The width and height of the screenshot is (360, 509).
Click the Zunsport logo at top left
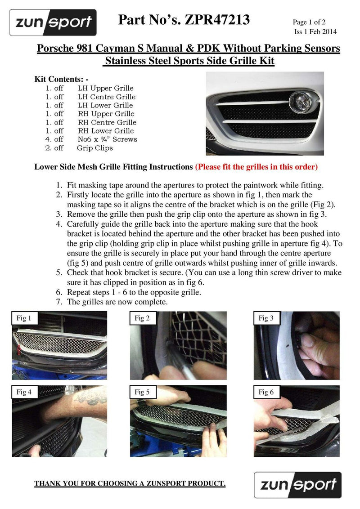pos(53,22)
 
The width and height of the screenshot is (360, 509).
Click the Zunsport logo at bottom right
pos(297,485)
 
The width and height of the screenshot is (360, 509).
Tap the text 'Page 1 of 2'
pos(309,22)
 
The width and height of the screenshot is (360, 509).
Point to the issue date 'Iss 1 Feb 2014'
pos(315,31)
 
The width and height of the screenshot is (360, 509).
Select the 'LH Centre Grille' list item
pos(107,97)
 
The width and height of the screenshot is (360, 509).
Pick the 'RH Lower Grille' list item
pos(106,131)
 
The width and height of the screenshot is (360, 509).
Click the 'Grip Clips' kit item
pos(94,148)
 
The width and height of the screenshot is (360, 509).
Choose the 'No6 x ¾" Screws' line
pos(108,139)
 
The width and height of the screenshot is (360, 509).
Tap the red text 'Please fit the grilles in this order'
pos(256,167)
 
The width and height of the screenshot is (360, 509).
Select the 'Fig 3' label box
pos(266,318)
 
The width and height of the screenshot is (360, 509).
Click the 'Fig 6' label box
pos(266,392)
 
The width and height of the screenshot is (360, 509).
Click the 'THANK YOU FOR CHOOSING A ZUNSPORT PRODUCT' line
pos(130,484)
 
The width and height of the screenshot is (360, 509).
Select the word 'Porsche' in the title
pos(57,48)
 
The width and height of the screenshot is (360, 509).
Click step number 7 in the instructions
pos(58,302)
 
